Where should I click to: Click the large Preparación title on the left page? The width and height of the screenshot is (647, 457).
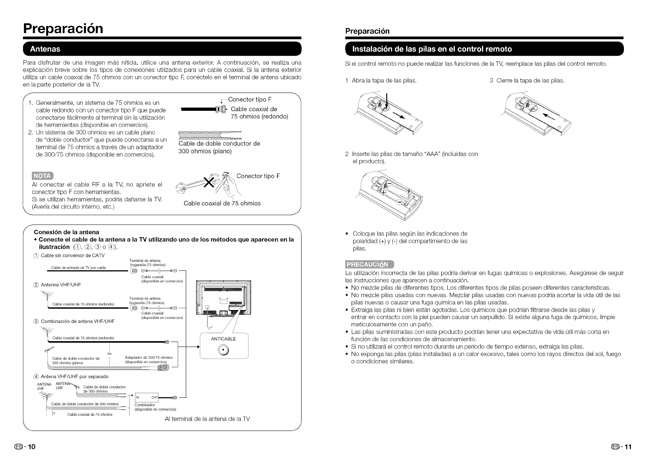point(63,28)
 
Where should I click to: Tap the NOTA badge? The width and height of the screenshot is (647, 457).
point(43,176)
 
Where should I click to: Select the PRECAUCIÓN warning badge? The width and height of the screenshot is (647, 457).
point(367,265)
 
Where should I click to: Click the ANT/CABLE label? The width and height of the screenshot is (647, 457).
point(223,339)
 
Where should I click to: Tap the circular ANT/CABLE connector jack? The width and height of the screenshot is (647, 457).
point(223,350)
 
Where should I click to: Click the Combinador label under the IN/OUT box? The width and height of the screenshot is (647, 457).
point(145,405)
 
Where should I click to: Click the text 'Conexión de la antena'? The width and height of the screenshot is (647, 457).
point(67,232)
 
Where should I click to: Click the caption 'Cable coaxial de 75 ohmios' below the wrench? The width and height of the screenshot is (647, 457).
point(222,203)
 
